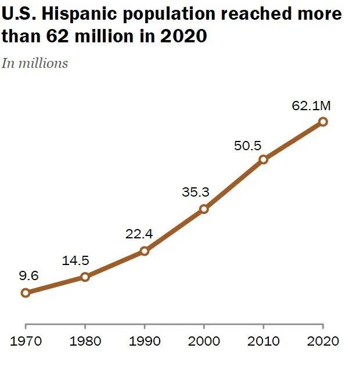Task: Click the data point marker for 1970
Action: click(x=26, y=293)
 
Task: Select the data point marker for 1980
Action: click(x=85, y=277)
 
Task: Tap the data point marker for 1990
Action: click(x=145, y=251)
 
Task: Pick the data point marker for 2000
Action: click(x=204, y=209)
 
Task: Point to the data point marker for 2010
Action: click(x=264, y=159)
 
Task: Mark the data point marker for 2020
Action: click(x=323, y=121)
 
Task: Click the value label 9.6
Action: click(x=28, y=276)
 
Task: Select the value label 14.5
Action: click(x=75, y=260)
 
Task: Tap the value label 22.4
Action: click(x=139, y=234)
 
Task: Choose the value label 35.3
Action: click(x=196, y=192)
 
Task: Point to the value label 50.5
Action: click(x=248, y=146)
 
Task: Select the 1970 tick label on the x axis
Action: click(x=26, y=340)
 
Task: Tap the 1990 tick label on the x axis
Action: click(x=145, y=340)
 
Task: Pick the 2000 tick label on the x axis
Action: click(x=204, y=340)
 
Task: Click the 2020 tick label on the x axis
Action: click(x=323, y=340)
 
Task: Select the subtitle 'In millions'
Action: click(x=34, y=63)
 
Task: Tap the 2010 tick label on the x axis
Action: click(x=264, y=340)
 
